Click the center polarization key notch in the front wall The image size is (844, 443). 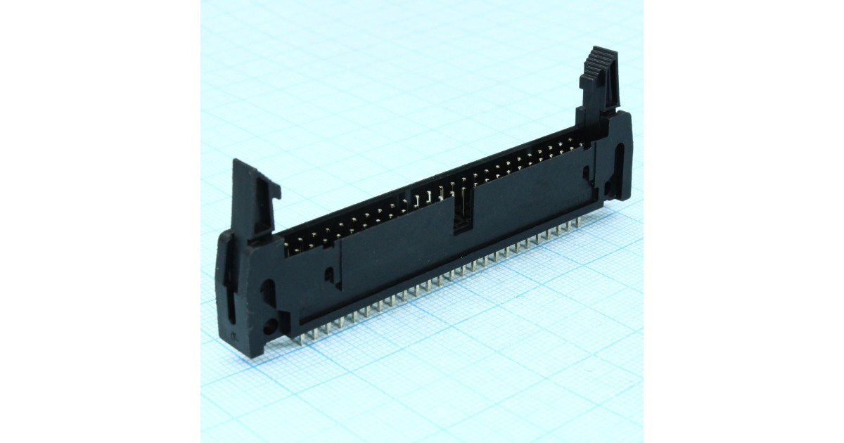pos(463,211)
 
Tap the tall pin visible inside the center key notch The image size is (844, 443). pos(465,201)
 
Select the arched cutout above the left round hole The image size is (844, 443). pos(269,290)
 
